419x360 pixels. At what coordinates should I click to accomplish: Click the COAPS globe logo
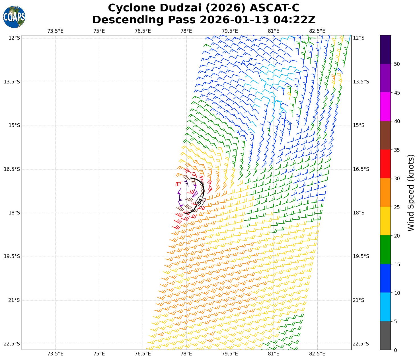(x=14, y=17)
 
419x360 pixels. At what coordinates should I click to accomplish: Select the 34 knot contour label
(x=200, y=201)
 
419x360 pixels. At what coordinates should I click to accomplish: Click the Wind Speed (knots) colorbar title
(x=411, y=193)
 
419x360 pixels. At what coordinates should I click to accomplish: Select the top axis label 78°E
(x=186, y=31)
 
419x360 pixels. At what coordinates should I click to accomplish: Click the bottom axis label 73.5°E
(x=55, y=354)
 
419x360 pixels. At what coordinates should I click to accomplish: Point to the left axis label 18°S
(x=14, y=213)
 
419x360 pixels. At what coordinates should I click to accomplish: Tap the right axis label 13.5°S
(x=361, y=82)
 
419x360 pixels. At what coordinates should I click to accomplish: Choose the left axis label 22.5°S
(x=12, y=344)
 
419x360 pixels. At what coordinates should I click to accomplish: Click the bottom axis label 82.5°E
(x=317, y=354)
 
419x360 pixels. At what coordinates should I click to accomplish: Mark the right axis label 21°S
(x=358, y=300)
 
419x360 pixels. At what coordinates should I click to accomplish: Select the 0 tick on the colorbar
(x=395, y=350)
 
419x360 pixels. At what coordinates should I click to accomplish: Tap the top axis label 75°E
(x=99, y=31)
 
